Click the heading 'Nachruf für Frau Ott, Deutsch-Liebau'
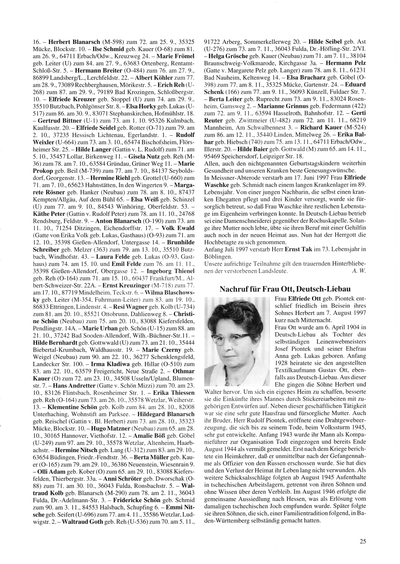285,288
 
